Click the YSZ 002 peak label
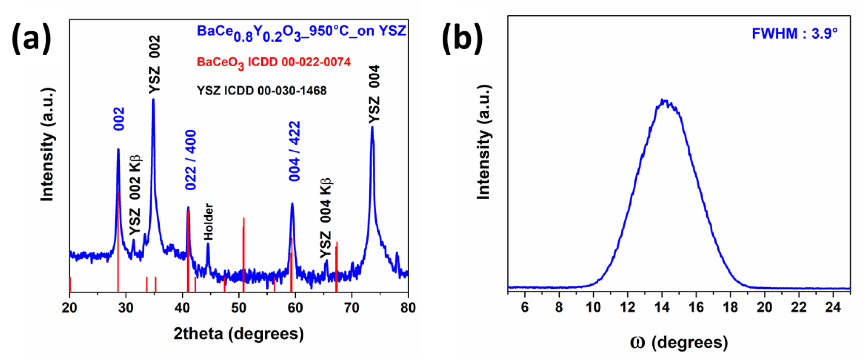tap(155, 65)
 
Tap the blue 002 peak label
tap(119, 118)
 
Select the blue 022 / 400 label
tap(191, 160)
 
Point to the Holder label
tap(209, 222)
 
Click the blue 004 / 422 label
tap(294, 151)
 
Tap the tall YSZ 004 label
tap(374, 95)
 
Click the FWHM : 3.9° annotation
tap(794, 34)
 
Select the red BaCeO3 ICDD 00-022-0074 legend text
tap(273, 63)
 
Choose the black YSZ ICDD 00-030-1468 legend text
tap(261, 91)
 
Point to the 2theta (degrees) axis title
tap(238, 334)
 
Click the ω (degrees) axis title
tap(679, 342)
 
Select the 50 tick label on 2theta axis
tap(238, 308)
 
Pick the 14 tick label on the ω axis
tap(662, 307)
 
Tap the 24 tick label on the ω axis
tap(833, 307)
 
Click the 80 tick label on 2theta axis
tap(408, 308)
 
